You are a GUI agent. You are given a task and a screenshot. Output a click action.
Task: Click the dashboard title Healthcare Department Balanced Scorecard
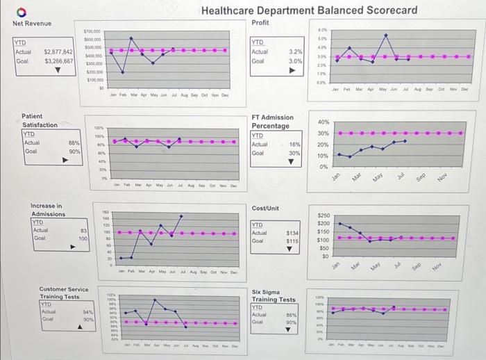(x=309, y=10)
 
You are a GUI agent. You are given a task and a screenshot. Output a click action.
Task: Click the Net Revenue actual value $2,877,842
(x=58, y=52)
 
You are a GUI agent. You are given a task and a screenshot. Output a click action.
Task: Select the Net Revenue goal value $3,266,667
(x=58, y=61)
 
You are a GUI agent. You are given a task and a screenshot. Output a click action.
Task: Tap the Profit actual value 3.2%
(x=294, y=52)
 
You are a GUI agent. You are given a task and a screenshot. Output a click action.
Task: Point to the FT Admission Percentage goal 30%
(x=295, y=153)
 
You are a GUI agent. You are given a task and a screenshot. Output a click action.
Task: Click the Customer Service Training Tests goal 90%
(x=88, y=320)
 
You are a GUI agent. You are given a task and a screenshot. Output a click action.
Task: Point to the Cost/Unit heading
(x=265, y=208)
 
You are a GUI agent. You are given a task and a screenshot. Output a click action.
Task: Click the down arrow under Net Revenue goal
(x=47, y=69)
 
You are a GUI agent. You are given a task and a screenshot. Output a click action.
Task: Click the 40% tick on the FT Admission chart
(x=323, y=122)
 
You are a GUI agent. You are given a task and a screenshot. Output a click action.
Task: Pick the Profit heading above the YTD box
(x=260, y=23)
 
